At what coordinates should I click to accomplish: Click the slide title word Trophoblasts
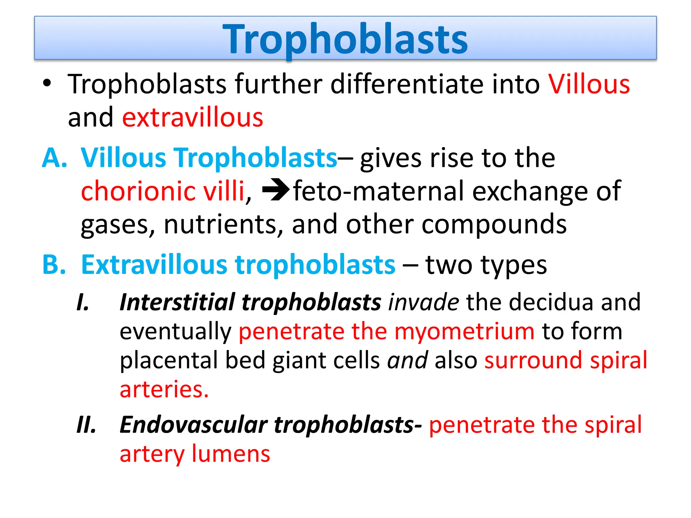click(345, 39)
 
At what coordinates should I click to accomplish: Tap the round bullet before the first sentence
click(47, 83)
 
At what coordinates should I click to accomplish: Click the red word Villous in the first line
click(589, 84)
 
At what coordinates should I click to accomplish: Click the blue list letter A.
click(54, 157)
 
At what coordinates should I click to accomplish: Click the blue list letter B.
click(54, 264)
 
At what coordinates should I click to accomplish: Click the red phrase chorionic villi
click(163, 191)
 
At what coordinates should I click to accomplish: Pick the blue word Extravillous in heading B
click(154, 264)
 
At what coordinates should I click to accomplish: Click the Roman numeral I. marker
click(83, 302)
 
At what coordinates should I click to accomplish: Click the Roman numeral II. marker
click(86, 425)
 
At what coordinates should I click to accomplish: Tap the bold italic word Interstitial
click(177, 302)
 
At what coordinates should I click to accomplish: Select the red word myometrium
click(464, 331)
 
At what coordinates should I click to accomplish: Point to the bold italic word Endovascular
click(194, 425)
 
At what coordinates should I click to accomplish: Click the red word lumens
click(231, 454)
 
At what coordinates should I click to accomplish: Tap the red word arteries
click(164, 390)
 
